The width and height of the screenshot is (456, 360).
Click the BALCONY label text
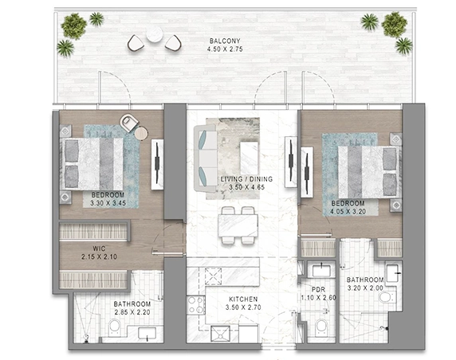point(225,41)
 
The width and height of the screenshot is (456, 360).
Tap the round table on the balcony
point(155,34)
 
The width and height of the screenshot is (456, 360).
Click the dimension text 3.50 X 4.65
point(246,187)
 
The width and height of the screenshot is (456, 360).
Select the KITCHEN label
point(243,299)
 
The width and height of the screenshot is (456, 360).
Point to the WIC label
point(99,248)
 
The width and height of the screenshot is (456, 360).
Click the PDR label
point(318,290)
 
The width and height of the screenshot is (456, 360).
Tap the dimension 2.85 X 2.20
point(132,312)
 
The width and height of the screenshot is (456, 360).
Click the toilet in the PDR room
point(322,326)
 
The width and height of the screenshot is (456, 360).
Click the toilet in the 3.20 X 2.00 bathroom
point(387,298)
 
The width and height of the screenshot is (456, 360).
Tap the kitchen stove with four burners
point(196,305)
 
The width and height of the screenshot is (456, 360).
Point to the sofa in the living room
point(206,158)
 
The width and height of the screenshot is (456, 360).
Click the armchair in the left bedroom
point(129,123)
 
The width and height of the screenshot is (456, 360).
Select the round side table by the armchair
point(142,134)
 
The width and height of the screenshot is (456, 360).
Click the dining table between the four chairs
point(238,225)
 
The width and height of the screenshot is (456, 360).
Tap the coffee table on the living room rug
point(249,158)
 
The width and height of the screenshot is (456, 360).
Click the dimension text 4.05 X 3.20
point(348,212)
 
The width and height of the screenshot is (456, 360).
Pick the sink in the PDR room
point(321,271)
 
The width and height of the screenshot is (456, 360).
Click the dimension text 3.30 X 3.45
point(108,203)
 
